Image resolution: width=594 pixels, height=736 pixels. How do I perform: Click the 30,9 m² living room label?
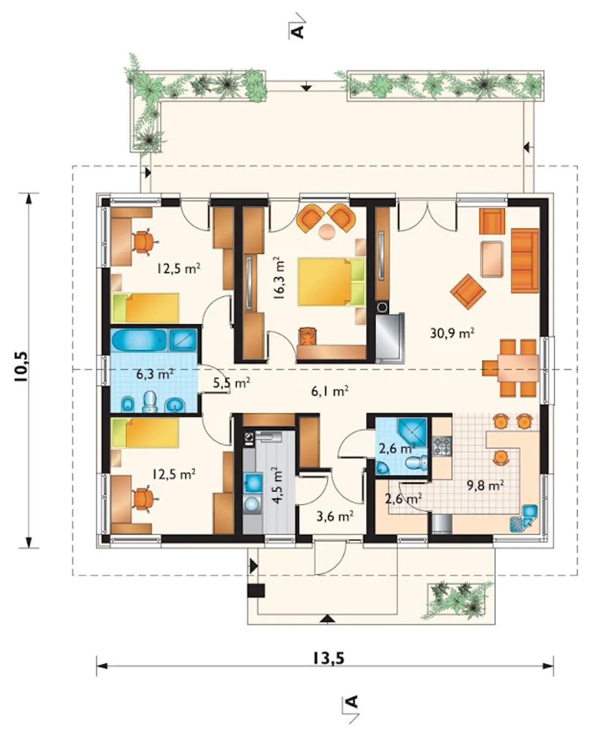pyautogui.click(x=452, y=333)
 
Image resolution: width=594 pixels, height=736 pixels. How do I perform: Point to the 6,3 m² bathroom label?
pyautogui.click(x=155, y=374)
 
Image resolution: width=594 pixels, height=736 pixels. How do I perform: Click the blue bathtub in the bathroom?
pyautogui.click(x=139, y=341)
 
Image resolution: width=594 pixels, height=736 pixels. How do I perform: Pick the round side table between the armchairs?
pyautogui.click(x=327, y=231)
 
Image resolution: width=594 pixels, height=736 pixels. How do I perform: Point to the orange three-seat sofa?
pyautogui.click(x=524, y=260)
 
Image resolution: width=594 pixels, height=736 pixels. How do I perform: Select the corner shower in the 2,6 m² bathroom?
pyautogui.click(x=413, y=432)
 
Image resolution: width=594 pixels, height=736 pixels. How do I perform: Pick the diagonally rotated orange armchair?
pyautogui.click(x=468, y=291)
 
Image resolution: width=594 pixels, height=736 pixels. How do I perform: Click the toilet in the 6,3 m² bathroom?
pyautogui.click(x=150, y=401)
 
